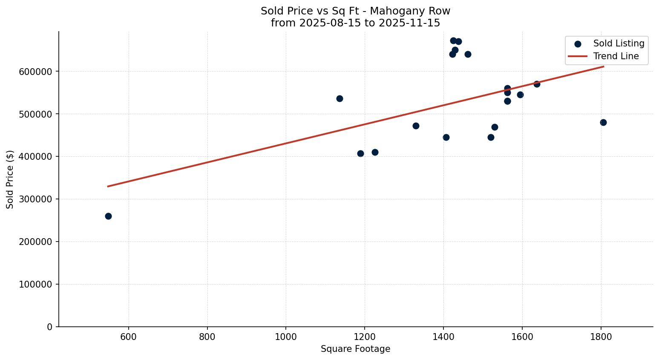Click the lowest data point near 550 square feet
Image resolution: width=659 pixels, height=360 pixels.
pos(108,216)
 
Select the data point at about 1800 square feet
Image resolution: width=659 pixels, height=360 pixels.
pos(603,122)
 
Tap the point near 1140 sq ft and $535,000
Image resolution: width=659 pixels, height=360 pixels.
pos(340,98)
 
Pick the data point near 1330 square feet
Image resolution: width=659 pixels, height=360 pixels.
pos(416,126)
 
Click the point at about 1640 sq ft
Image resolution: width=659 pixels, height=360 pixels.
pos(537,84)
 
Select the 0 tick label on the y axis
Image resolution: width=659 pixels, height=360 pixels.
pos(50,327)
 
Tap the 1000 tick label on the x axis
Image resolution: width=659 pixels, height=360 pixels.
pos(286,337)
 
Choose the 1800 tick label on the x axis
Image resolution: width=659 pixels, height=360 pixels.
pos(601,337)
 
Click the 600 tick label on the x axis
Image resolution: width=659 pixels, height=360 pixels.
pos(128,337)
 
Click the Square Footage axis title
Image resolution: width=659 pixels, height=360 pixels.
pos(355,349)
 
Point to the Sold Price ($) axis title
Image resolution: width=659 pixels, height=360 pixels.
pos(10,179)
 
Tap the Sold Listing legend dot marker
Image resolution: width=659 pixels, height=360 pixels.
pos(578,44)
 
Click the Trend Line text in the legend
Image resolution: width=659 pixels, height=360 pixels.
pos(616,56)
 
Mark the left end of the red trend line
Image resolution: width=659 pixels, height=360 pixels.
pos(108,186)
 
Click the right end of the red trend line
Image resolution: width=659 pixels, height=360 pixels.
pos(604,66)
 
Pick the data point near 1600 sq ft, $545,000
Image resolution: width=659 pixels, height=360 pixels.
pos(520,95)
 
